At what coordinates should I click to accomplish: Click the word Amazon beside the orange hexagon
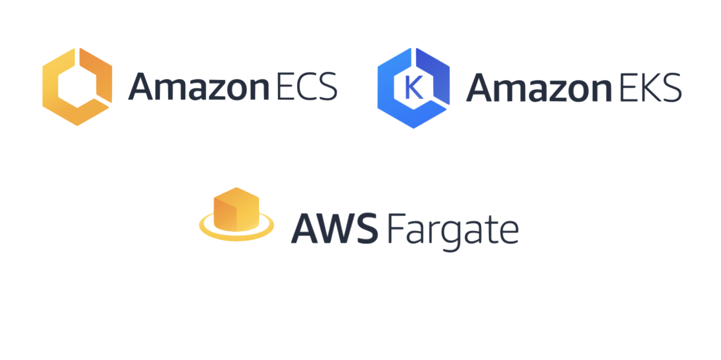[198, 87]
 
